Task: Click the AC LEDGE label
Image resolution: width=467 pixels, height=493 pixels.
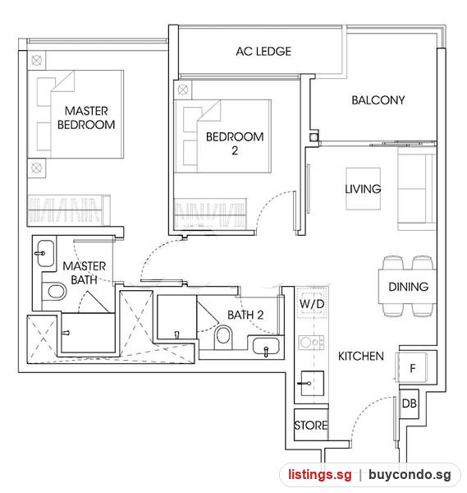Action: click(x=263, y=51)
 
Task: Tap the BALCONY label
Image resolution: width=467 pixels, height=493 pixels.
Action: click(x=378, y=100)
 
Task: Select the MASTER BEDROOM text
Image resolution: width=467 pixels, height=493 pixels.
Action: click(x=86, y=117)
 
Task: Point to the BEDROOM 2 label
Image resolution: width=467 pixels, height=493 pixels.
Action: click(x=235, y=143)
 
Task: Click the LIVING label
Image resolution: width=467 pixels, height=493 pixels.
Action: click(x=363, y=189)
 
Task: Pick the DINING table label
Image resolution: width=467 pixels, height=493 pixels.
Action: click(x=408, y=287)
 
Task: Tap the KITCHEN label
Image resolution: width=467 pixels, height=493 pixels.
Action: click(x=361, y=356)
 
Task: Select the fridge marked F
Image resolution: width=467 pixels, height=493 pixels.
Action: click(x=412, y=367)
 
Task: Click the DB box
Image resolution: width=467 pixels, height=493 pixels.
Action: click(x=409, y=403)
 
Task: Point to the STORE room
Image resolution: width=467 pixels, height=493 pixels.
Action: click(x=311, y=425)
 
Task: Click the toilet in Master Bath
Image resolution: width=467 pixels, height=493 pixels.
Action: click(x=54, y=292)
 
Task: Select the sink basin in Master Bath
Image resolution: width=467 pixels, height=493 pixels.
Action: click(x=45, y=253)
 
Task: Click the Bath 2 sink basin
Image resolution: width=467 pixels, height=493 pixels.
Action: click(x=266, y=346)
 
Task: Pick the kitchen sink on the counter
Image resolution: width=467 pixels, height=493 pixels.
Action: click(x=312, y=383)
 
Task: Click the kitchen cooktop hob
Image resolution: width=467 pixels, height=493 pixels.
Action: click(x=312, y=342)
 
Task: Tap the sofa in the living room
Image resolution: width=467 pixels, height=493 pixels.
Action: click(x=417, y=189)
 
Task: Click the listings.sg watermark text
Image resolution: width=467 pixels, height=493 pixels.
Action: click(x=320, y=474)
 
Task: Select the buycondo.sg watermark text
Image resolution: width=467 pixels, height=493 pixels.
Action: click(x=410, y=475)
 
